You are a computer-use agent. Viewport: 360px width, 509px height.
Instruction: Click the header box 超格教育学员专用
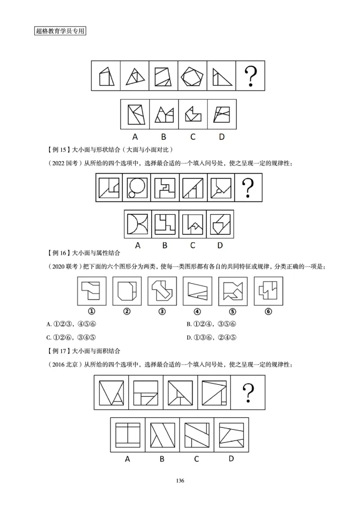(60, 31)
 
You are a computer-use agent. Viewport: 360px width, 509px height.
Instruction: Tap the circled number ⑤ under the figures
(232, 312)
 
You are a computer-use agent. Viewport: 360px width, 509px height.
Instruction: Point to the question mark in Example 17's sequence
(247, 392)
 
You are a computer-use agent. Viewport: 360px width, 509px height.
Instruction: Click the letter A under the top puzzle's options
(135, 136)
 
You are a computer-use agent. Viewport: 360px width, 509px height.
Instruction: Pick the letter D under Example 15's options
(220, 245)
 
